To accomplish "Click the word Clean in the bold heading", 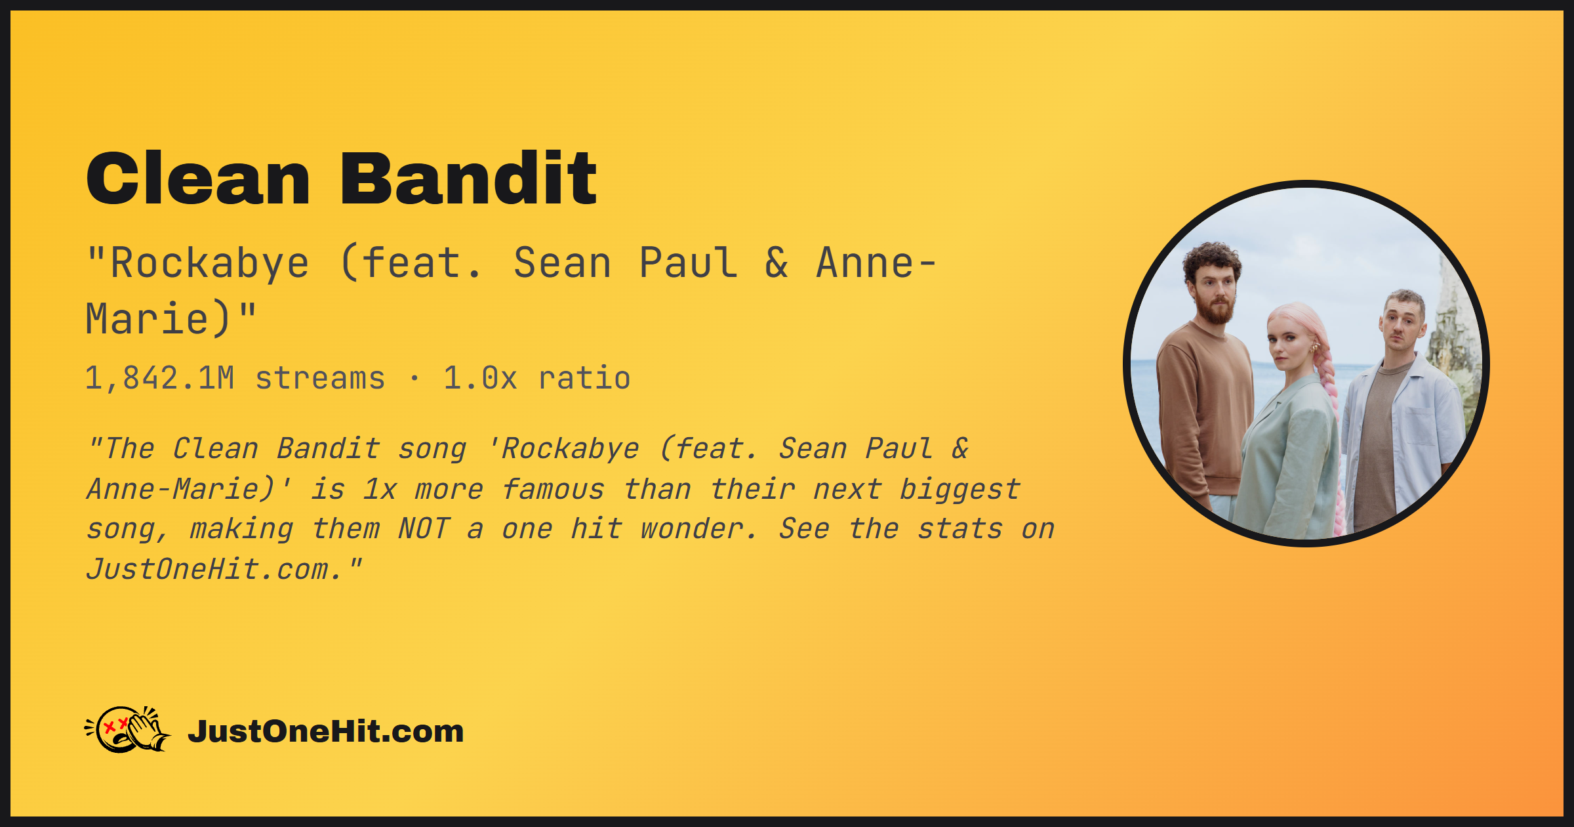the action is [x=198, y=178].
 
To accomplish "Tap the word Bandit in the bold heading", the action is [x=468, y=178].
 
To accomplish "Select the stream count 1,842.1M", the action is [x=159, y=379].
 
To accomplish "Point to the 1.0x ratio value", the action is [x=480, y=379].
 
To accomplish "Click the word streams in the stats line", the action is [x=320, y=379].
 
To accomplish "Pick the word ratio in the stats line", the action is [x=584, y=379].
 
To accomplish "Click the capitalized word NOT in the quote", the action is [x=424, y=529].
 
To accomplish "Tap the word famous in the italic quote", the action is [x=553, y=489].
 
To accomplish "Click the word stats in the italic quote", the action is [x=959, y=529].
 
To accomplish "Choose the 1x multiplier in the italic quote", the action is [x=380, y=489].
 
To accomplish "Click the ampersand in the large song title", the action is [x=777, y=263].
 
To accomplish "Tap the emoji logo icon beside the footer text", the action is [x=128, y=729].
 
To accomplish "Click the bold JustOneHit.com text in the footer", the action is [x=326, y=731].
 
